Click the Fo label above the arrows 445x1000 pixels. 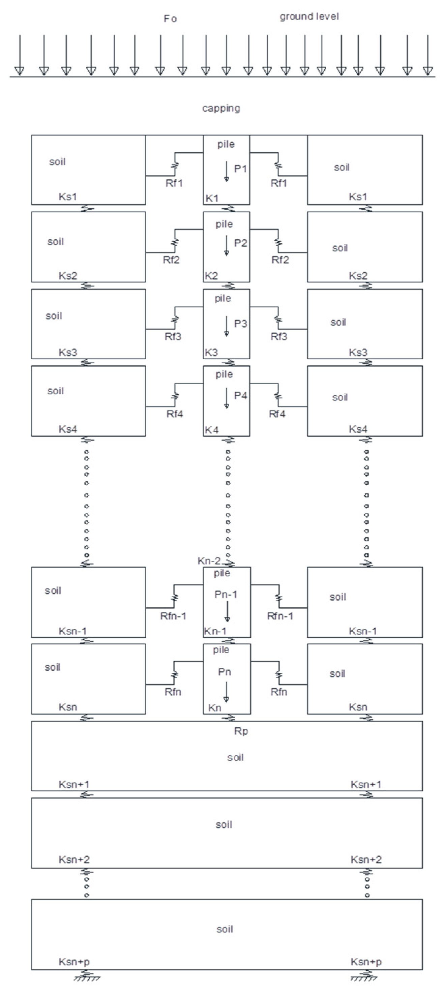(170, 19)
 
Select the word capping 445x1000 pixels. (221, 108)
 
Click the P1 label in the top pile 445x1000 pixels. (240, 169)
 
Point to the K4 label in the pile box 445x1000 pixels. (212, 430)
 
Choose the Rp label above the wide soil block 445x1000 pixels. (241, 731)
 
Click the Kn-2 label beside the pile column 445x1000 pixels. (209, 561)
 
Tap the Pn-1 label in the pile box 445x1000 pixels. (226, 594)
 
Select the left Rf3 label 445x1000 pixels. (173, 337)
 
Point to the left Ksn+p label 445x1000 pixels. (74, 962)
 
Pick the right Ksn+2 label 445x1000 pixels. (366, 859)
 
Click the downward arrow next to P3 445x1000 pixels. (227, 327)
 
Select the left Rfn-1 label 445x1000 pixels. (173, 616)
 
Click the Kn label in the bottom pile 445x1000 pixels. (215, 708)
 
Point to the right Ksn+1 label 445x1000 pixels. (366, 784)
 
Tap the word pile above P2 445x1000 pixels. (224, 224)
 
